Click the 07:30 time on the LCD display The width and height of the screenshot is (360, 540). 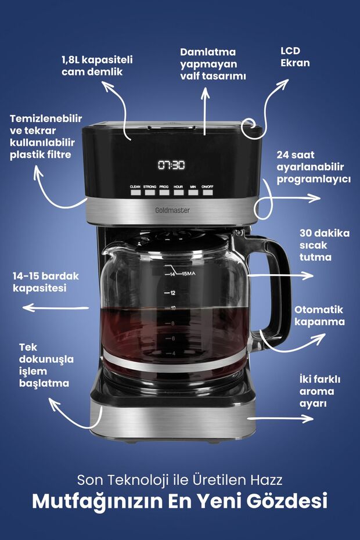coord(171,165)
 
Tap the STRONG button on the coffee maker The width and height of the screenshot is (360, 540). coord(150,192)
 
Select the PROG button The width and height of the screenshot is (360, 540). coord(164,192)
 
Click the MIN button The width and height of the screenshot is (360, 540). coord(193,192)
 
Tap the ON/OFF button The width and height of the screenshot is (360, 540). coord(207,192)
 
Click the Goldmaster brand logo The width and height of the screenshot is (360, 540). coord(172,210)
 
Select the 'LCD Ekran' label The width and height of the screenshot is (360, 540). coord(295,57)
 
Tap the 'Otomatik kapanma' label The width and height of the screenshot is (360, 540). coord(319,315)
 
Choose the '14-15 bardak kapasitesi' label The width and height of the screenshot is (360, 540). coord(45,282)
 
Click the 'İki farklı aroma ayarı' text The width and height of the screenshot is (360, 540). coord(319,391)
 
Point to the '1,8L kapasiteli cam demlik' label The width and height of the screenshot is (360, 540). coord(97,66)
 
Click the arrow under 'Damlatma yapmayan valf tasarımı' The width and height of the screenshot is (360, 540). coord(205,111)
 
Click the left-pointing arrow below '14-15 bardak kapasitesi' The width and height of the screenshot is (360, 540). coord(56,308)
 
